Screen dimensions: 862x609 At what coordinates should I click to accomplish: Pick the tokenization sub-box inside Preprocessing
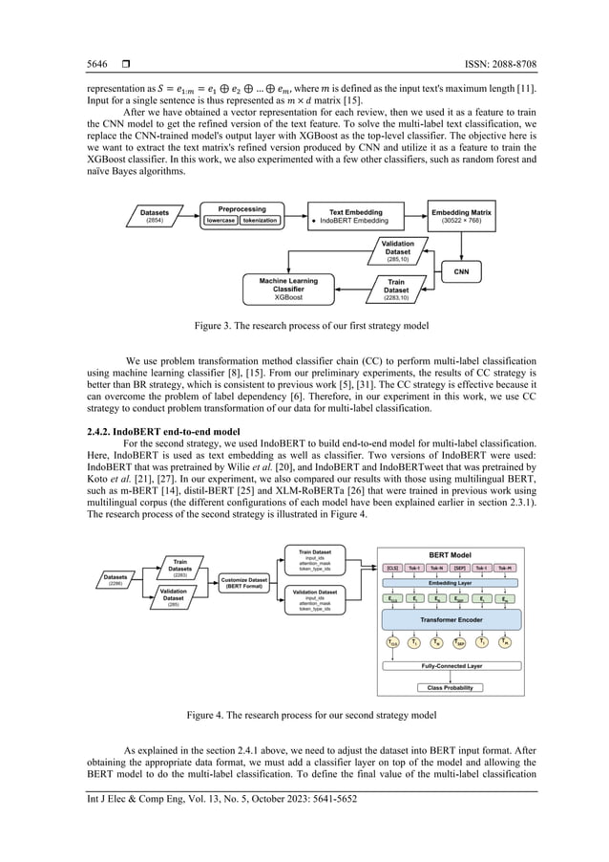(x=261, y=220)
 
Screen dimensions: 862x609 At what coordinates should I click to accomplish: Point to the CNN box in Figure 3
(x=461, y=272)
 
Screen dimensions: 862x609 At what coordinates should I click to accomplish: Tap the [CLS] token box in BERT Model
(x=393, y=567)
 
